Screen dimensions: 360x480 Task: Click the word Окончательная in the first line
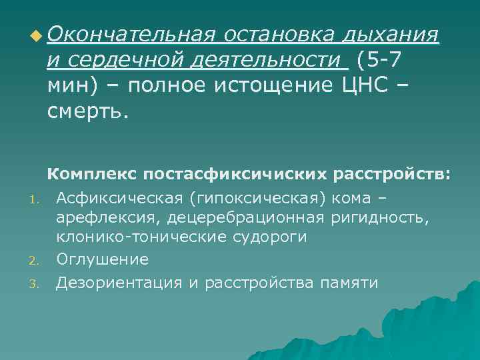(x=130, y=34)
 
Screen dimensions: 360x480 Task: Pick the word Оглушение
(x=102, y=259)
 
